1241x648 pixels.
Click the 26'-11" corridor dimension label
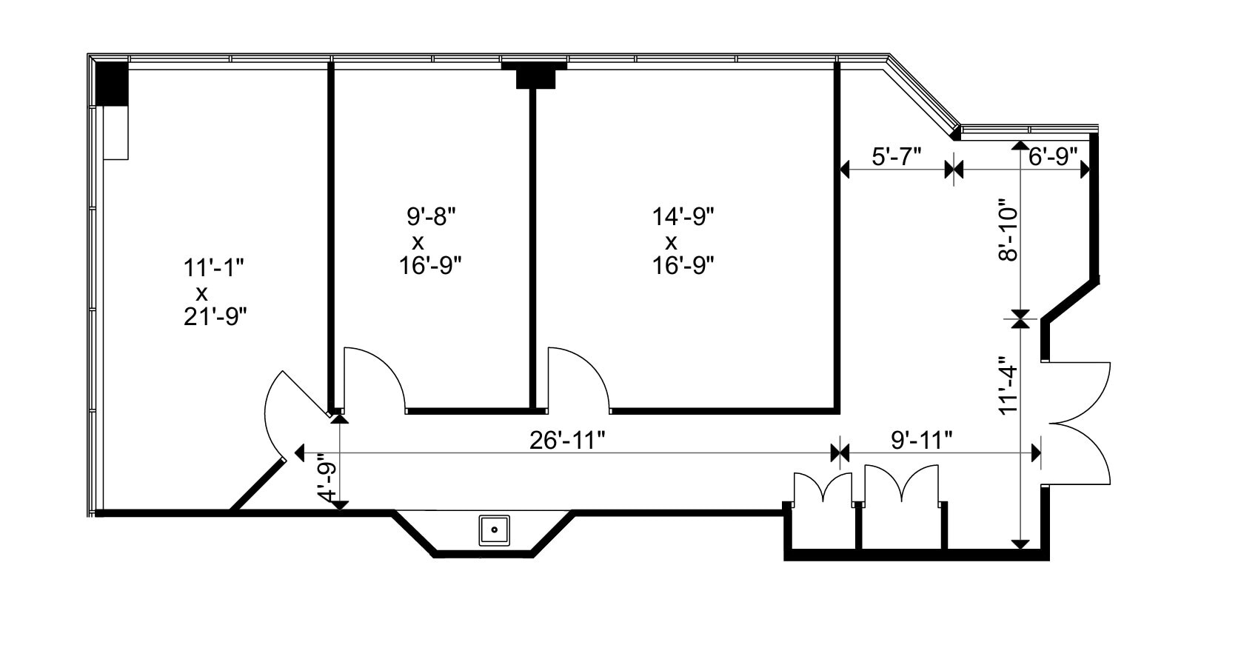566,441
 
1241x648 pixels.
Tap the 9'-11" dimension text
921,441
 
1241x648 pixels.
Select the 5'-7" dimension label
897,157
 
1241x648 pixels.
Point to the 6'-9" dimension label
1053,157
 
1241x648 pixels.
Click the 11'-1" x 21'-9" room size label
215,293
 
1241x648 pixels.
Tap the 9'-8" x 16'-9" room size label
430,241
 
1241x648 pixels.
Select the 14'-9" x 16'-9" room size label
683,241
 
